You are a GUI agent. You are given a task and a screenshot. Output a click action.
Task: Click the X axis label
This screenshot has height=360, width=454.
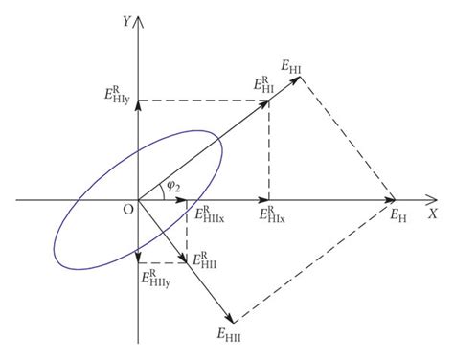432,214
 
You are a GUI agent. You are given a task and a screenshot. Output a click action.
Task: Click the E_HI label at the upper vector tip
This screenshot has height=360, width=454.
292,65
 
